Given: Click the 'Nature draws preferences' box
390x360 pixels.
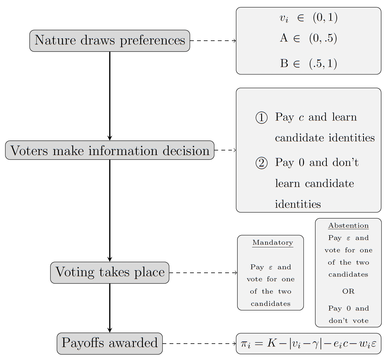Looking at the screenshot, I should tap(110, 41).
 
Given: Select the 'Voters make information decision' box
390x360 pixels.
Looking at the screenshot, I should tap(110, 150).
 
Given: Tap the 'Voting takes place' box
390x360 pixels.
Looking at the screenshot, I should tap(110, 272).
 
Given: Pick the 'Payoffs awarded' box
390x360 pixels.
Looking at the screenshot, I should tap(110, 343).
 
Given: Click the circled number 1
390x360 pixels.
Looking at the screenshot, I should tap(261, 118).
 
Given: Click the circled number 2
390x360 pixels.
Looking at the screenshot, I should tap(261, 163).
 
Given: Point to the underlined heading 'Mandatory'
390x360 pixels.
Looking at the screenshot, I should tap(273, 243).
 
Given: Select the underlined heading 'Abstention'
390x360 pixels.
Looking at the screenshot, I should tap(348, 226).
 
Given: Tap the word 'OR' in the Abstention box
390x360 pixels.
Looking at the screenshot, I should tap(348, 292).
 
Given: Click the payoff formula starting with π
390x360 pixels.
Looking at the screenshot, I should tap(308, 343).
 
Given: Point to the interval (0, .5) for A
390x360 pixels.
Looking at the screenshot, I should tap(323, 38).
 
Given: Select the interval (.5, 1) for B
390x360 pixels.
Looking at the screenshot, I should tap(323, 64).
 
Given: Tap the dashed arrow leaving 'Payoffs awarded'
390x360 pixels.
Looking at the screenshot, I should tap(199, 343).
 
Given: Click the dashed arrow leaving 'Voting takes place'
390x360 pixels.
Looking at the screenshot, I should tap(203, 272).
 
